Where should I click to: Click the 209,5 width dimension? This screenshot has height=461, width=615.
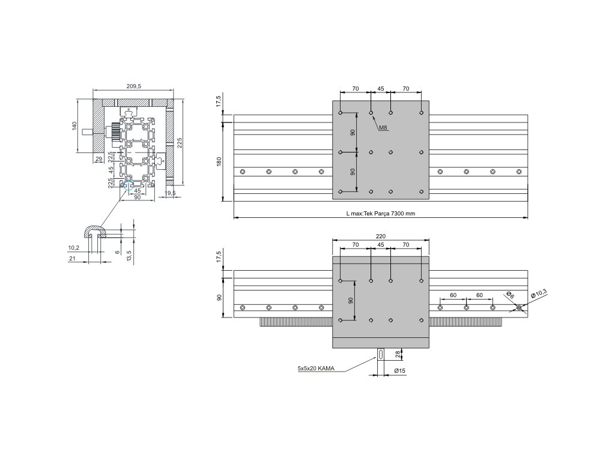(x=133, y=86)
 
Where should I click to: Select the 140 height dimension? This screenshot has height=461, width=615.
(x=74, y=126)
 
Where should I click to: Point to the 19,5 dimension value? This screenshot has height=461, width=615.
(x=170, y=193)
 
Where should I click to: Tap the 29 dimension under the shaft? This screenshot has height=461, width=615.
(x=98, y=158)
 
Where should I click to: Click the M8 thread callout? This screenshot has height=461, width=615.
(x=383, y=127)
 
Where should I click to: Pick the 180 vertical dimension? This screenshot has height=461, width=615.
(x=219, y=161)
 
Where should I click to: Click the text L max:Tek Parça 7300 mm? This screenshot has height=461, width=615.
(x=381, y=214)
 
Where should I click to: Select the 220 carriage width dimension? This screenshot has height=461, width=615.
(x=381, y=237)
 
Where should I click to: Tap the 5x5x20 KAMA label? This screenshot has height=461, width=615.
(x=316, y=368)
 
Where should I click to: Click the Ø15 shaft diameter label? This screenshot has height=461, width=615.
(x=400, y=371)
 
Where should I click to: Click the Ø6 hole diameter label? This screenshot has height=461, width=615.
(x=510, y=295)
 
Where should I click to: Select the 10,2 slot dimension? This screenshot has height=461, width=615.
(x=73, y=247)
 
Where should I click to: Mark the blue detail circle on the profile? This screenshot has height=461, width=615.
(x=126, y=185)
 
